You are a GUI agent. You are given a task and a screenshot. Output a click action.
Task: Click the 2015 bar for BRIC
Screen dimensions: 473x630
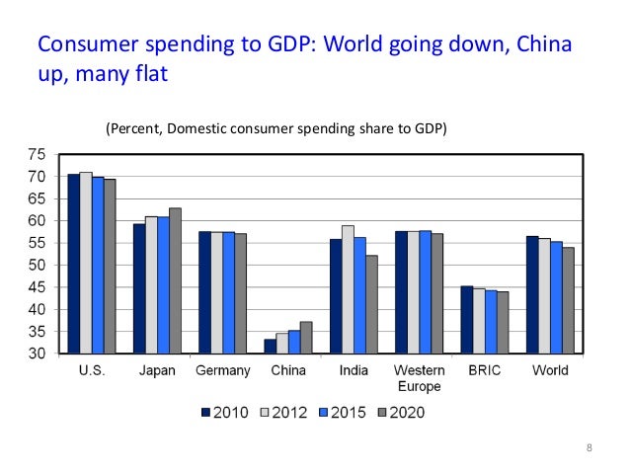(x=491, y=322)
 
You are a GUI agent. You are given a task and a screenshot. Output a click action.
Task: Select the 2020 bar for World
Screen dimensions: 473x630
(x=568, y=300)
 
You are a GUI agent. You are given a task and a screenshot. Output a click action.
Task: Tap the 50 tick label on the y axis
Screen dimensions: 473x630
(x=36, y=266)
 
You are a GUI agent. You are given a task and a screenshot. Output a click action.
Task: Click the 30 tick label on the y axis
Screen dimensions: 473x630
(x=36, y=354)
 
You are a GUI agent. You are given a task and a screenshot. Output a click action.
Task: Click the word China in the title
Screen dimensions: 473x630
(x=537, y=45)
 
